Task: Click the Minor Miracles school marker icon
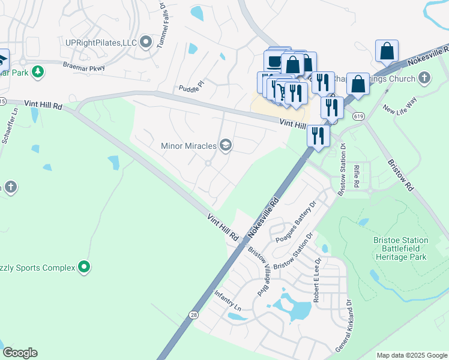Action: pos(226,145)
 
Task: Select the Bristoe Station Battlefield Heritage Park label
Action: pos(400,248)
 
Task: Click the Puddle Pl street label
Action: pos(191,88)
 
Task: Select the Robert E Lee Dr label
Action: pos(316,279)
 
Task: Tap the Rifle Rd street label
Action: pos(356,177)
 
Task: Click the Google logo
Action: pos(20,353)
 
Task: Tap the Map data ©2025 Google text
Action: pos(411,355)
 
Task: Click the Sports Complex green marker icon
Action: pos(85,267)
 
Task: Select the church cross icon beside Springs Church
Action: pos(425,78)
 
